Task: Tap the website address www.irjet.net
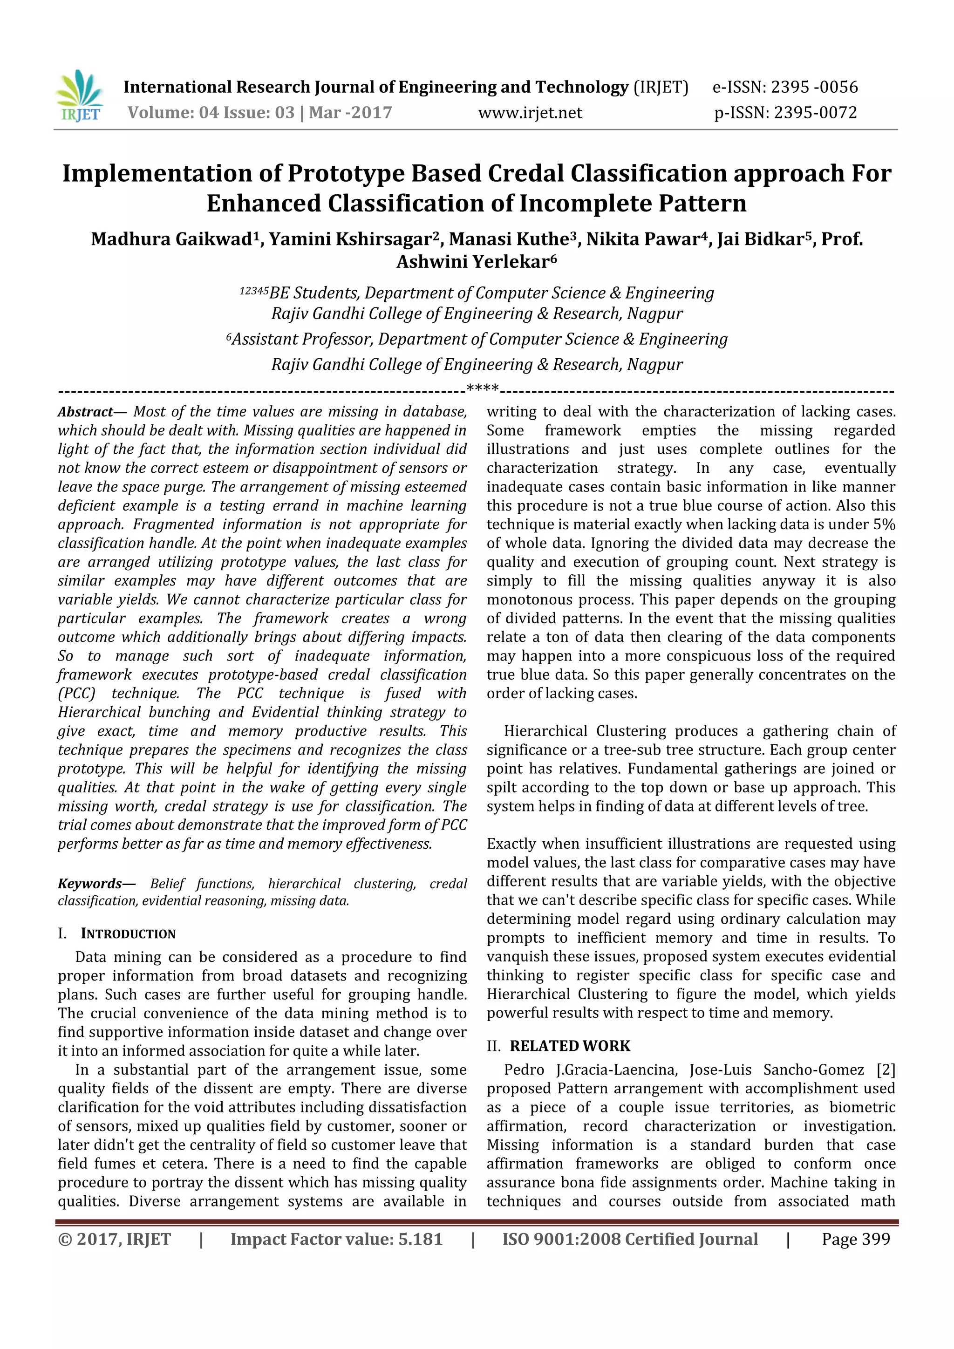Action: [x=530, y=113]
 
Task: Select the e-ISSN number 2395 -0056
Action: [x=814, y=88]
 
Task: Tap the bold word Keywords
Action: [x=89, y=884]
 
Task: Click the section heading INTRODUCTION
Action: [x=128, y=934]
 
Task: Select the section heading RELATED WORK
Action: [x=569, y=1046]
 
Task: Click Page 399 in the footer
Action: [x=855, y=1239]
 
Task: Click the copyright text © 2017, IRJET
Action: [x=115, y=1239]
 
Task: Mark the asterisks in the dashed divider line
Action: [x=482, y=388]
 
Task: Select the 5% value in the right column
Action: [x=884, y=525]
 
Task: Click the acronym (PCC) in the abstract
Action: [x=76, y=694]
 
